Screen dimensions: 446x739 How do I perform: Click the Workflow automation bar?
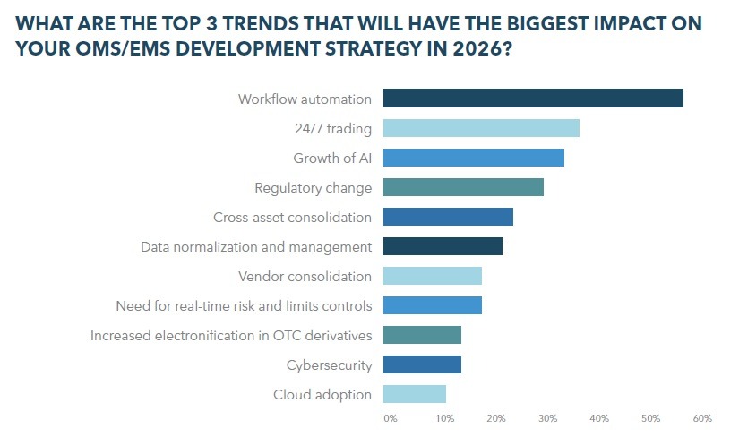click(x=533, y=99)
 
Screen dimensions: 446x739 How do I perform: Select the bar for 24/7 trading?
click(x=481, y=128)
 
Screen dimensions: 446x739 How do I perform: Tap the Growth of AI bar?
click(x=474, y=158)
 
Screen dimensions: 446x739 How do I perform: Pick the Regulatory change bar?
click(x=463, y=187)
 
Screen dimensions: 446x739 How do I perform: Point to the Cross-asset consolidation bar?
click(x=448, y=217)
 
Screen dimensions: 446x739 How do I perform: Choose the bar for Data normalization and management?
click(x=443, y=246)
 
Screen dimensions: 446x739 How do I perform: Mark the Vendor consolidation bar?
click(x=433, y=276)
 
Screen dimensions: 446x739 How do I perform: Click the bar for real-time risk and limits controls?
click(x=433, y=305)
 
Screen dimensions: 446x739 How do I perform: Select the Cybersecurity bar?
click(x=422, y=365)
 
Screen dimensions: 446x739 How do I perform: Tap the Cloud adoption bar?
click(x=415, y=394)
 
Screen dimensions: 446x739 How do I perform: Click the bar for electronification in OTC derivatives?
click(x=422, y=335)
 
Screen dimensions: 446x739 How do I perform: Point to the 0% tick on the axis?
click(x=390, y=418)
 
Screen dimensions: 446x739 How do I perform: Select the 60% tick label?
click(x=702, y=418)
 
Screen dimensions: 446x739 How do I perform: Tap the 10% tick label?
click(x=443, y=418)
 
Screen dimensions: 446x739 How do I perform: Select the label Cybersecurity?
click(x=329, y=365)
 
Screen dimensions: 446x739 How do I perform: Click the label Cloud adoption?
click(x=322, y=394)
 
